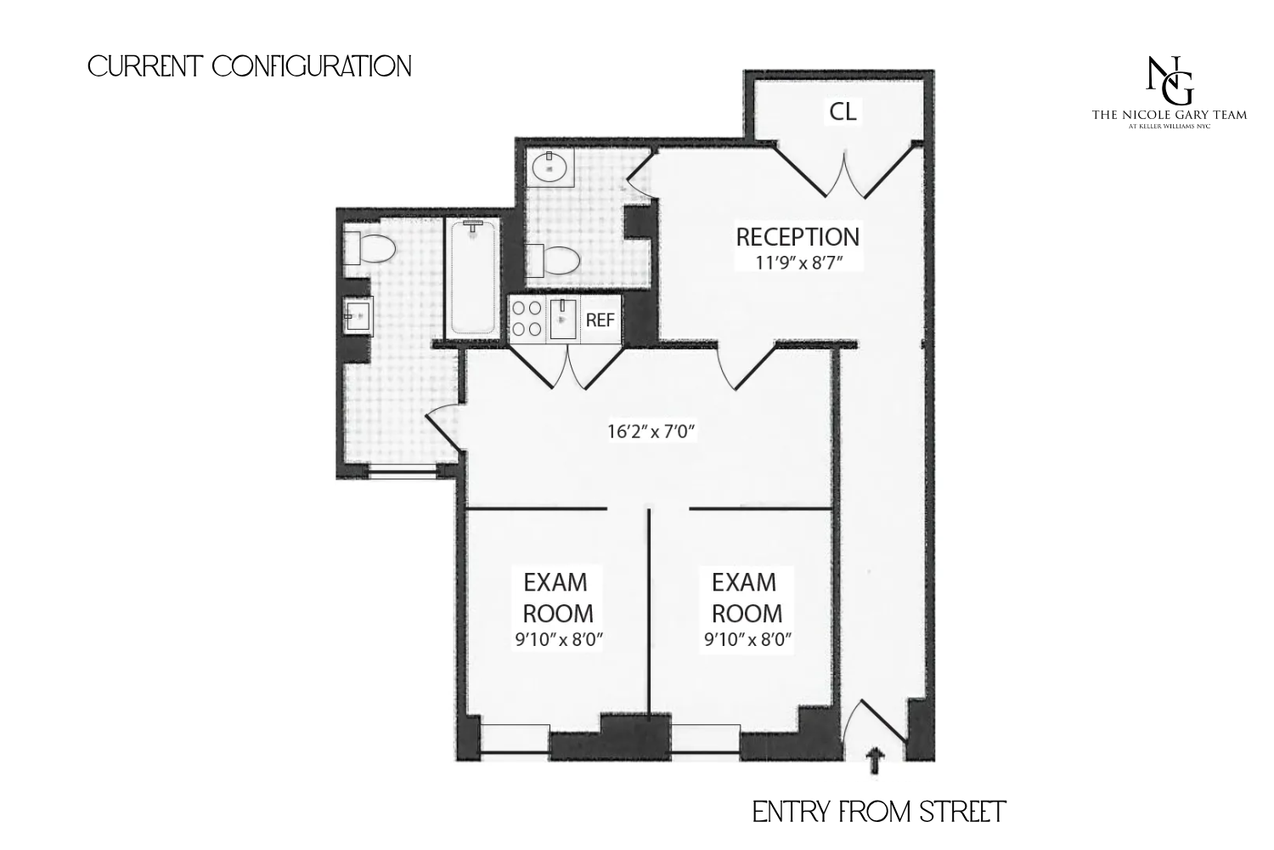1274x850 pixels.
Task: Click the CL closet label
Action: tap(843, 111)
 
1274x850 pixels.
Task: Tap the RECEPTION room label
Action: tap(797, 236)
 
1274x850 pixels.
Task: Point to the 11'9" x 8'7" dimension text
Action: tap(798, 263)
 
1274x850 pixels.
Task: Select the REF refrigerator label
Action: tap(600, 320)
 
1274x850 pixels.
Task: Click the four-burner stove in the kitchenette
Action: tap(527, 320)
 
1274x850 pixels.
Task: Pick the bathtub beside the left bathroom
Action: tap(473, 277)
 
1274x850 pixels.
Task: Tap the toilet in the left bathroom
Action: tap(370, 250)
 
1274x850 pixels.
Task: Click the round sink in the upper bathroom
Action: tap(551, 167)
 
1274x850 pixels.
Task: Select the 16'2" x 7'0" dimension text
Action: tap(651, 432)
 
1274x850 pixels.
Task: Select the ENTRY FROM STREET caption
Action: tap(879, 812)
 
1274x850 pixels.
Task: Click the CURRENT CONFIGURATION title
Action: tap(250, 66)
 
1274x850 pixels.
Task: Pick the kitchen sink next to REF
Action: tap(563, 320)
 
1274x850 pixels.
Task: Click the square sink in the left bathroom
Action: tap(357, 316)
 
